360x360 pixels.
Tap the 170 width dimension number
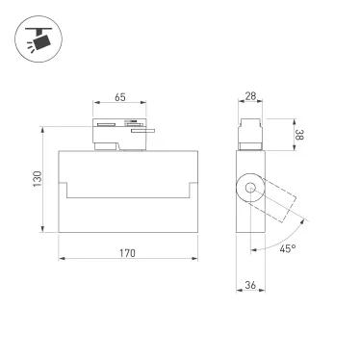[127, 252]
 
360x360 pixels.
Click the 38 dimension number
[298, 136]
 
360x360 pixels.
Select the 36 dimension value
[251, 285]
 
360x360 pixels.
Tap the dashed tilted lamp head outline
[282, 200]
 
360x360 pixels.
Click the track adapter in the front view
[119, 135]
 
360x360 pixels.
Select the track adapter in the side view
[251, 133]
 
